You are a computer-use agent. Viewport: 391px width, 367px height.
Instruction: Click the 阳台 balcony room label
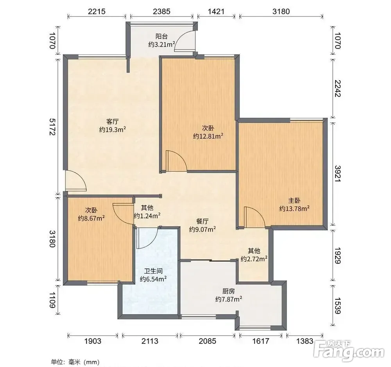[161, 36]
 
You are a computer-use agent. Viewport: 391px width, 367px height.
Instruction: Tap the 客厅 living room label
[113, 122]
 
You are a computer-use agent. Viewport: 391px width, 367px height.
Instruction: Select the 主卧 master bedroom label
[294, 201]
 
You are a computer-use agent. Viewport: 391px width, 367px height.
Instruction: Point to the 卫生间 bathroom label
[153, 271]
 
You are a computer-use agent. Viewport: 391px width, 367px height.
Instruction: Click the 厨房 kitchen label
[229, 291]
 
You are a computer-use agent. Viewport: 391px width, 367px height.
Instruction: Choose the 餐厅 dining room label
[202, 221]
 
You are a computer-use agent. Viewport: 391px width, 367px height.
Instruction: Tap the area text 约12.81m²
[208, 136]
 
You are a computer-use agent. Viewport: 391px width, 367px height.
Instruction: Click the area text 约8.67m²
[91, 218]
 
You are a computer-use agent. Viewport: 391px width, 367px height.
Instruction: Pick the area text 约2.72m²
[254, 259]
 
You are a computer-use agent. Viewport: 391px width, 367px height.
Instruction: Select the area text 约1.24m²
[147, 216]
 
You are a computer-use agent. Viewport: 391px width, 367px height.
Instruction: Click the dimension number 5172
[52, 127]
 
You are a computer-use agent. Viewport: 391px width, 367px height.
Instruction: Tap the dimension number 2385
[161, 11]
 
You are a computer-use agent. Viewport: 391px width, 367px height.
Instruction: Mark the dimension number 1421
[216, 11]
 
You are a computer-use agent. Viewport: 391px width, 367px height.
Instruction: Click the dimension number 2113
[150, 341]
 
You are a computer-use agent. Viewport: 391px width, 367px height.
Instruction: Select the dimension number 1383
[305, 341]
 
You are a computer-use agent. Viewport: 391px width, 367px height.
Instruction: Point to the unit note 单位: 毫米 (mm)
[75, 362]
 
